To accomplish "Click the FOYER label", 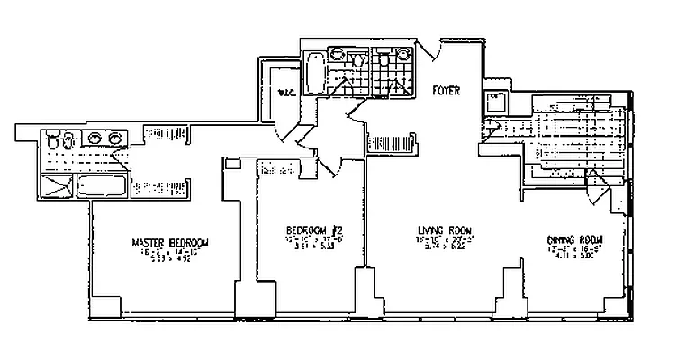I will pos(447,91).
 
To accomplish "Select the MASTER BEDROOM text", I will pos(170,243).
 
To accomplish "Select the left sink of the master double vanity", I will pos(95,139).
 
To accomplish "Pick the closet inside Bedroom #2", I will pos(281,168).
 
